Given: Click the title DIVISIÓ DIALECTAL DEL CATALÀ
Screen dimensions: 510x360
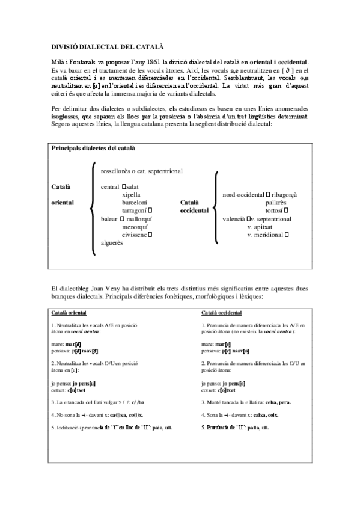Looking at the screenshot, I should pyautogui.click(x=106, y=46).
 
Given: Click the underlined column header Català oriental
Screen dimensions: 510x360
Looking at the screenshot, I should pyautogui.click(x=68, y=313).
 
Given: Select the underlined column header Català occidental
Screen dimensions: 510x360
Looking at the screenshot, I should pyautogui.click(x=222, y=313).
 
